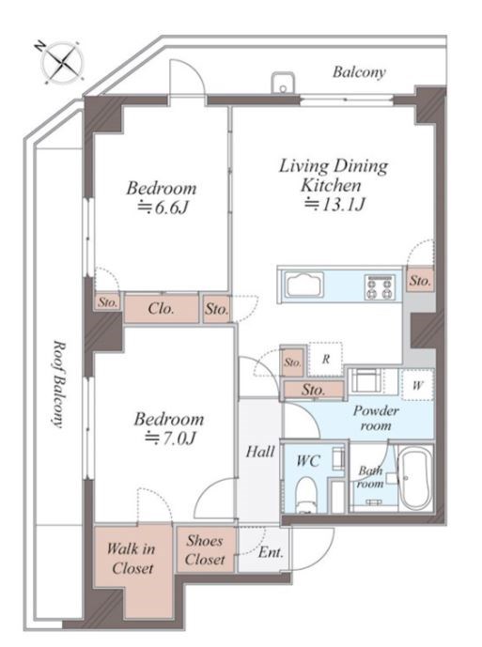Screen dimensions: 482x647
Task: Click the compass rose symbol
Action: pyautogui.click(x=62, y=63)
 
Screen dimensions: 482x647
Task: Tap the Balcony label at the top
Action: pyautogui.click(x=359, y=72)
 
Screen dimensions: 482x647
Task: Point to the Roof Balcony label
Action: pyautogui.click(x=59, y=384)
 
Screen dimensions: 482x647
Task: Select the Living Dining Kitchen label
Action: pyautogui.click(x=334, y=176)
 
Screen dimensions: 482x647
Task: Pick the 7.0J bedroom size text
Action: pyautogui.click(x=169, y=439)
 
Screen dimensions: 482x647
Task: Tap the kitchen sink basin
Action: pyautogui.click(x=305, y=285)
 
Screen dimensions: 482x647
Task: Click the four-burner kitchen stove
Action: pyautogui.click(x=380, y=286)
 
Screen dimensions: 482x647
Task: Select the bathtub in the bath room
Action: pyautogui.click(x=416, y=480)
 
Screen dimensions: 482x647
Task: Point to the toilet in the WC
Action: pyautogui.click(x=306, y=495)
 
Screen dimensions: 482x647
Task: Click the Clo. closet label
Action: pyautogui.click(x=161, y=309)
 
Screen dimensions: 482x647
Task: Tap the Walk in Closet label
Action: pyautogui.click(x=132, y=559)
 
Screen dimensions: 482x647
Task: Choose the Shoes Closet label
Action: pyautogui.click(x=205, y=549)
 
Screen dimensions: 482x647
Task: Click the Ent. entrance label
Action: pyautogui.click(x=271, y=552)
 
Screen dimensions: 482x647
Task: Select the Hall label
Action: pyautogui.click(x=260, y=452)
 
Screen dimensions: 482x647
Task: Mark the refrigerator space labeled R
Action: pyautogui.click(x=325, y=359)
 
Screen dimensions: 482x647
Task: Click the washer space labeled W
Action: pyautogui.click(x=417, y=385)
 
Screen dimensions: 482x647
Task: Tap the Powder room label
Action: pyautogui.click(x=376, y=418)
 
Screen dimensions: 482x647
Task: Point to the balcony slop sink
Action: pyautogui.click(x=283, y=84)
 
